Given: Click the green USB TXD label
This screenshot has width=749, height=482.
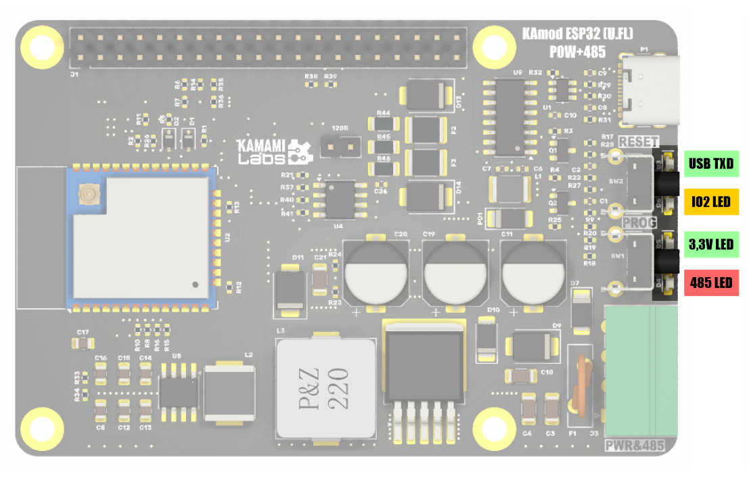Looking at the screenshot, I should coord(711,163).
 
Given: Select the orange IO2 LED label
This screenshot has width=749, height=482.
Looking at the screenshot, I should coord(711,201).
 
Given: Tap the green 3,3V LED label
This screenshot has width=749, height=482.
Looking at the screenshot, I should coord(711,243).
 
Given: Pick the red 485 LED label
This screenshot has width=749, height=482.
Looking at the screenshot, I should coord(711,283).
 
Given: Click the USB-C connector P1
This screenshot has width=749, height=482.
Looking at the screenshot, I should coord(650,91).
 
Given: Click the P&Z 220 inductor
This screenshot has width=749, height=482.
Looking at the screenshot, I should coord(325,388).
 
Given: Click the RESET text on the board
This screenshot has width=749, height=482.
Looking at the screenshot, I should coord(638,142).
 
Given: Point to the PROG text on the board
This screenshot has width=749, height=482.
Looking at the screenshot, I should coord(639,222).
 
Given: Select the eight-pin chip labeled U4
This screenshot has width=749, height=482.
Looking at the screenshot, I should coord(341,199).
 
